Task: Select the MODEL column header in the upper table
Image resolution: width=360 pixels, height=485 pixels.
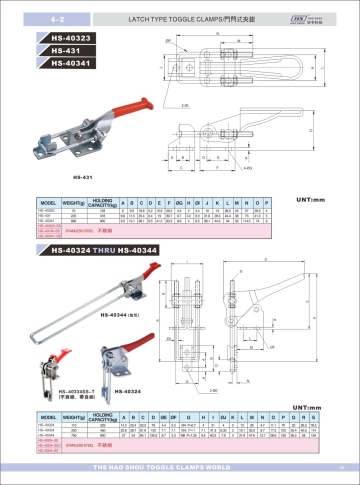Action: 45,201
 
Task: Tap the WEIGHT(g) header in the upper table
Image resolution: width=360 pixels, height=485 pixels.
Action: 73,201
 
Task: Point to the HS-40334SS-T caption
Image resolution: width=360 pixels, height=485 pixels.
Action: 62,392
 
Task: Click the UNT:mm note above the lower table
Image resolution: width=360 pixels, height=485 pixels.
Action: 318,405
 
